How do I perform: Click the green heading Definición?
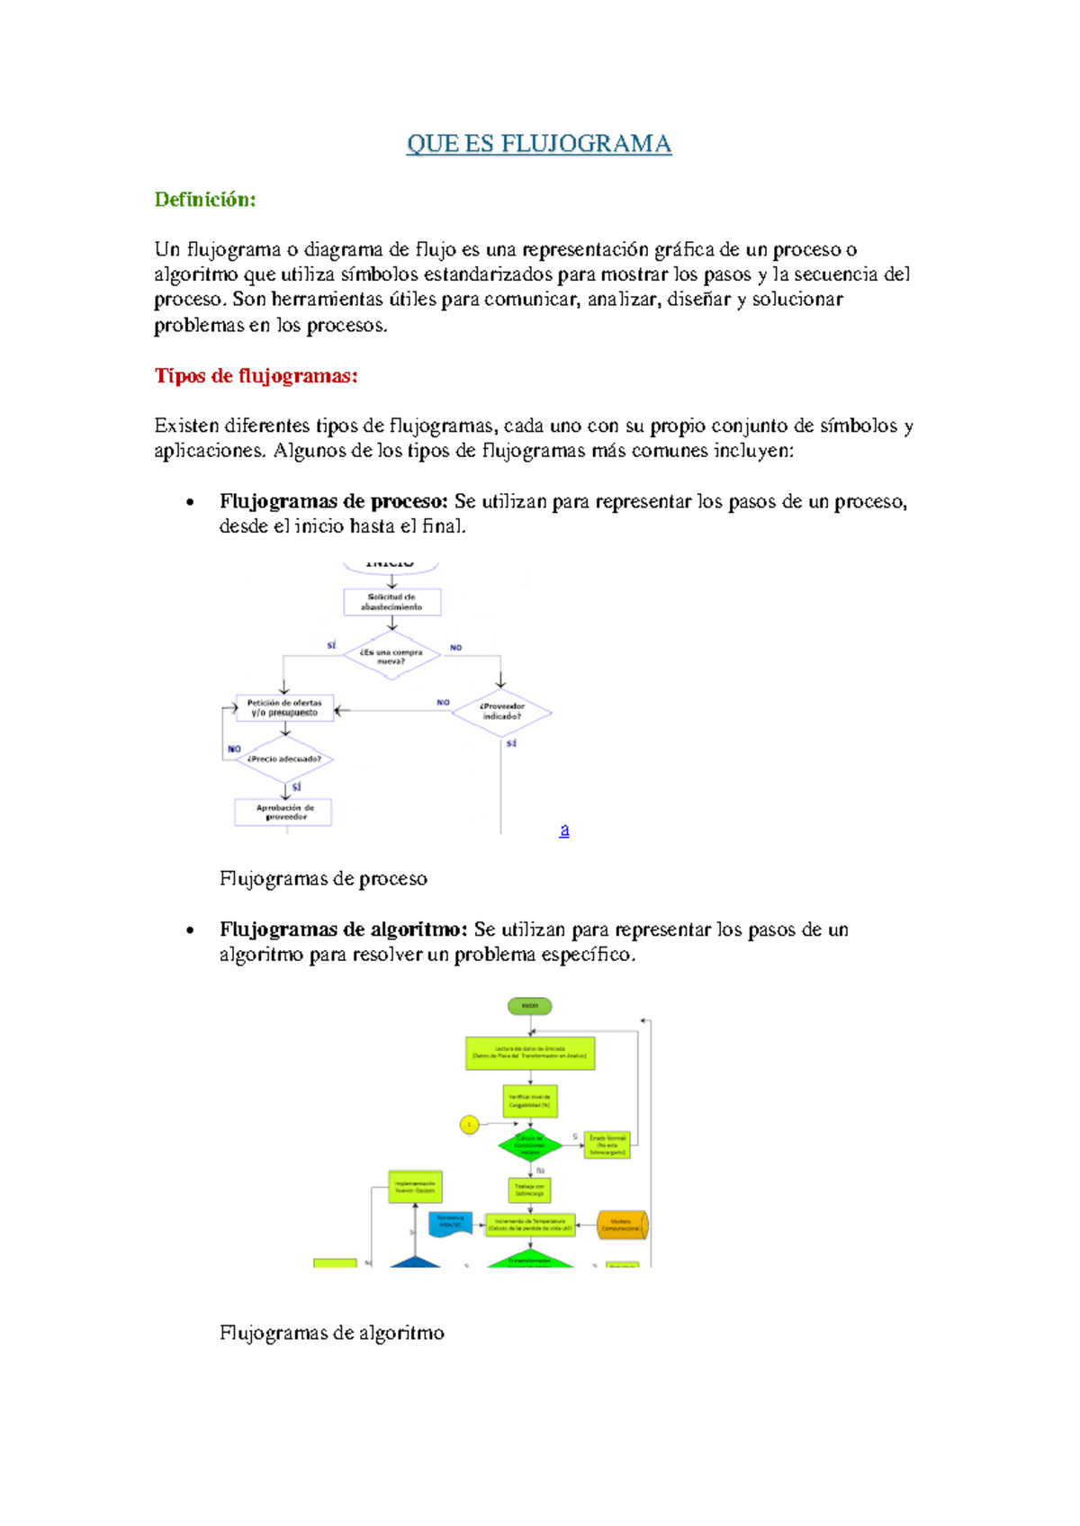[205, 200]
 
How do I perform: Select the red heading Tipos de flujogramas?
[256, 376]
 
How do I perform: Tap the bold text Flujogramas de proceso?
[333, 502]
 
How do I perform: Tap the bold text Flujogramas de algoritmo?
[343, 929]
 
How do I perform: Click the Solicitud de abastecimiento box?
[392, 602]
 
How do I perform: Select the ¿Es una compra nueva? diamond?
[391, 656]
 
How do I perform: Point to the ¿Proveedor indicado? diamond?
[501, 712]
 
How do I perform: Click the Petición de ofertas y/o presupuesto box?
[284, 708]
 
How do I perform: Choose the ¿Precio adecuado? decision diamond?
[284, 759]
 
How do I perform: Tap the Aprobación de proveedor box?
[283, 812]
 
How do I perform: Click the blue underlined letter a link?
[564, 830]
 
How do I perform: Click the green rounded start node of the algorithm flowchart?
[530, 1006]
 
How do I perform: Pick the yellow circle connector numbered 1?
[469, 1125]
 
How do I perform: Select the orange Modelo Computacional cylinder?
[622, 1225]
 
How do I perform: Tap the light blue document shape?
[451, 1225]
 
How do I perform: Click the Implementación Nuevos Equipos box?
[415, 1187]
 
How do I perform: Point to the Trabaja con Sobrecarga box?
[529, 1190]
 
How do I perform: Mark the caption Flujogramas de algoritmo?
[331, 1333]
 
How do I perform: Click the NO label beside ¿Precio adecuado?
[234, 750]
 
